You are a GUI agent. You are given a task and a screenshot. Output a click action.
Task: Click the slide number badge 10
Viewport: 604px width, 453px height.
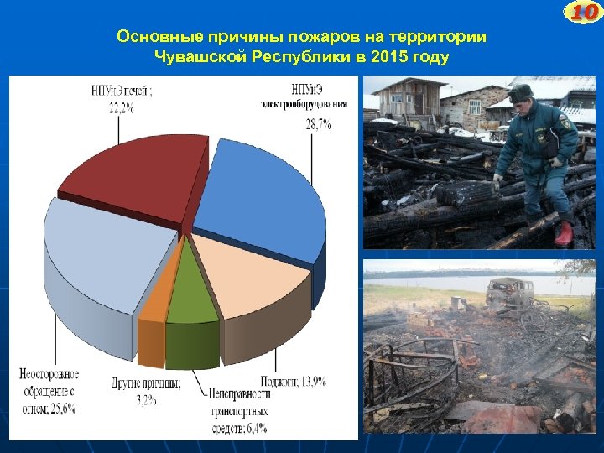(x=584, y=12)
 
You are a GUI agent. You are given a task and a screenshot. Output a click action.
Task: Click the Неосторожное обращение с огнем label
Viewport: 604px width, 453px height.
(x=49, y=391)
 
